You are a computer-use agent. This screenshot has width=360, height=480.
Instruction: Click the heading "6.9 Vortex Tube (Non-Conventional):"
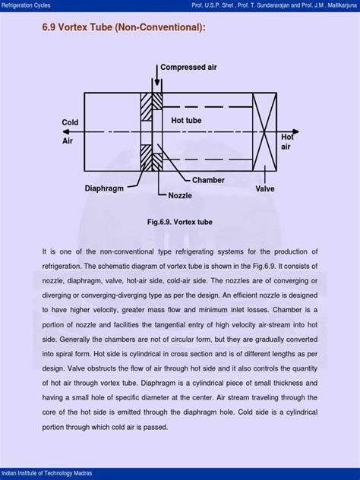(x=123, y=29)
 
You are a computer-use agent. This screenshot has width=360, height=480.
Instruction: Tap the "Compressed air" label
(x=188, y=68)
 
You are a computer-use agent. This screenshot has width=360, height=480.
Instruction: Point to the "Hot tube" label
(x=186, y=120)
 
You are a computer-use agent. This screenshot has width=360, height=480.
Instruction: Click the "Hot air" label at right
(x=288, y=142)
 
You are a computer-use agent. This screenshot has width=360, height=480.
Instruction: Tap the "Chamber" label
(x=207, y=180)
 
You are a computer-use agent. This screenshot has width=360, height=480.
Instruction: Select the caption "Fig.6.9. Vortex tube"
(x=180, y=223)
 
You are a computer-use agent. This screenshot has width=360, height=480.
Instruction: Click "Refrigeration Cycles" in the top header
(x=29, y=5)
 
